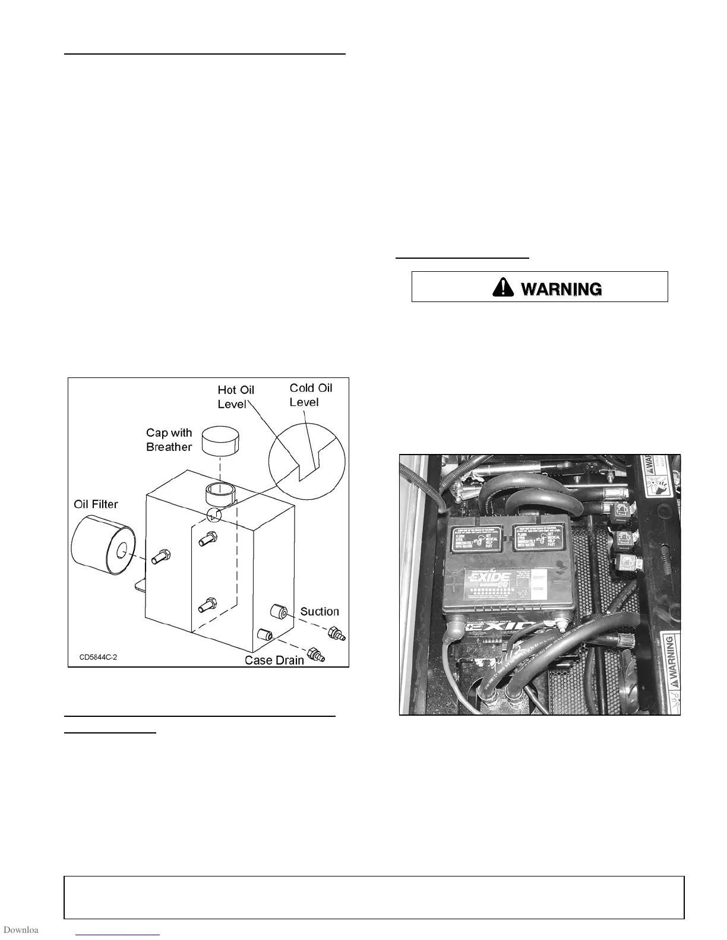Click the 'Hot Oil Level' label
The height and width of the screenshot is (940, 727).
coord(236,396)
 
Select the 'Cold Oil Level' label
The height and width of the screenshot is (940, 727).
coord(310,395)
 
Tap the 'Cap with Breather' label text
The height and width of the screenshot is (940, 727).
coord(169,440)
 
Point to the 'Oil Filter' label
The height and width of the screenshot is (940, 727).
coord(96,504)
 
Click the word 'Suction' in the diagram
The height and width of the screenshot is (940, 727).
coord(320,611)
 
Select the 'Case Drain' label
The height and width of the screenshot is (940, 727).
coord(274,659)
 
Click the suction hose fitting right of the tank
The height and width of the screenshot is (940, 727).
coord(336,634)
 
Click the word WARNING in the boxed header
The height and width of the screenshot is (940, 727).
coord(561,289)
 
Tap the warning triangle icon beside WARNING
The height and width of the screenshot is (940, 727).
coord(503,288)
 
